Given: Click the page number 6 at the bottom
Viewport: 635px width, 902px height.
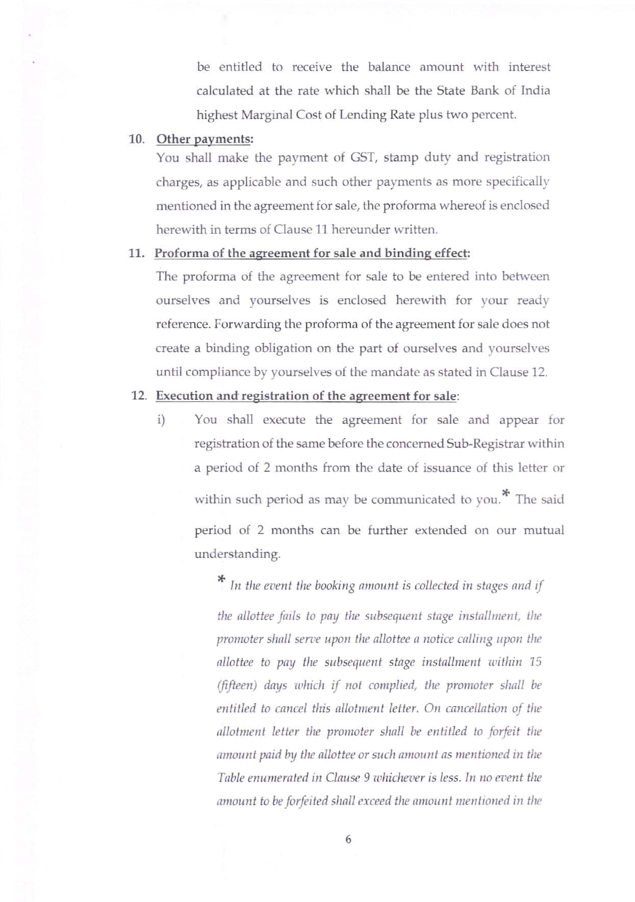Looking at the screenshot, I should [348, 839].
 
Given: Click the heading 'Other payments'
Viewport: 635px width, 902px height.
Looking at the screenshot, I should [204, 139].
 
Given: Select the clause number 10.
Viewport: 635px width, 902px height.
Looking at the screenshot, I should [136, 139].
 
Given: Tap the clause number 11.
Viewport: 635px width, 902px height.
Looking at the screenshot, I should [136, 253].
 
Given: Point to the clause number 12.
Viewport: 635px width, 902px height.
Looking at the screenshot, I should [139, 396].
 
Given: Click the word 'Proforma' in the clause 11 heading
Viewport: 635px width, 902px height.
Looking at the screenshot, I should [179, 253].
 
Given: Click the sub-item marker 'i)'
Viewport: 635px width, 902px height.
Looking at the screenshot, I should [161, 420].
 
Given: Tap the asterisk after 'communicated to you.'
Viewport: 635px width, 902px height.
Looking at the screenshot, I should [505, 493].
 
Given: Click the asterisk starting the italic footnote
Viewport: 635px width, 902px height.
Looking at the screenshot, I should [221, 580].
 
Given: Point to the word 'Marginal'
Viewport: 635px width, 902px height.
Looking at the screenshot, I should [265, 115].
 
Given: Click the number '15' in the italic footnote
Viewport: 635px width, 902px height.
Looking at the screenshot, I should [535, 662].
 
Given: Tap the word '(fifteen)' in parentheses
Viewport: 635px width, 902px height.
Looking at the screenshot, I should [236, 685].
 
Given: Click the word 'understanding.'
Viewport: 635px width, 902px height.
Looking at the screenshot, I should [237, 554].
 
